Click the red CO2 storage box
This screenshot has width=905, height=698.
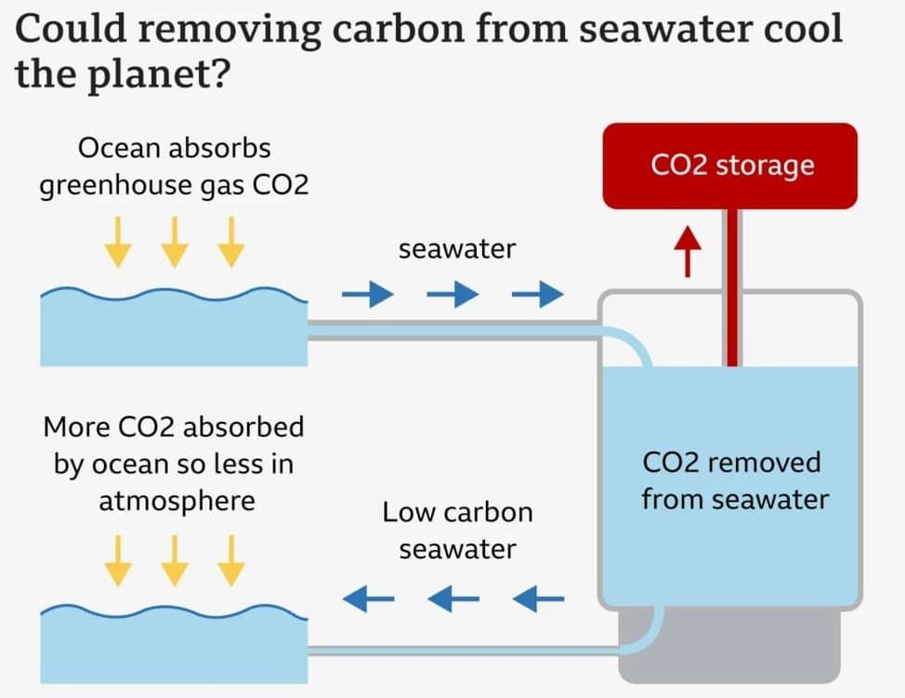tap(729, 165)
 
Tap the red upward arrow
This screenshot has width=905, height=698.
tap(688, 251)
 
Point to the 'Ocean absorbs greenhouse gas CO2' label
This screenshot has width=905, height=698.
tap(173, 166)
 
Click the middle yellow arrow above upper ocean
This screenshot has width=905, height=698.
tap(174, 241)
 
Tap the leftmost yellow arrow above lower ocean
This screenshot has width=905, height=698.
tap(117, 561)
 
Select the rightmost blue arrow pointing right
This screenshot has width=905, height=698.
tap(538, 296)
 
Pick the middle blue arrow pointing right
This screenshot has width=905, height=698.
tap(452, 296)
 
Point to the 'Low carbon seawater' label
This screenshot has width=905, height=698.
tap(457, 530)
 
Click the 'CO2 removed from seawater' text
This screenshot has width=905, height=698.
tap(734, 481)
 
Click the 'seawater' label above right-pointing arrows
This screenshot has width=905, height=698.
tap(457, 249)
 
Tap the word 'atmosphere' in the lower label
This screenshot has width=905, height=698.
tap(177, 501)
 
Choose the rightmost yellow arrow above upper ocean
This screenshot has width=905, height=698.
tap(230, 241)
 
